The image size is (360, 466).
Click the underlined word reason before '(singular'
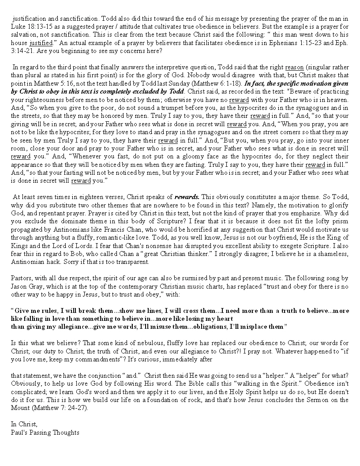[294, 67]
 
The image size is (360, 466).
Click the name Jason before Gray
[19, 286]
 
